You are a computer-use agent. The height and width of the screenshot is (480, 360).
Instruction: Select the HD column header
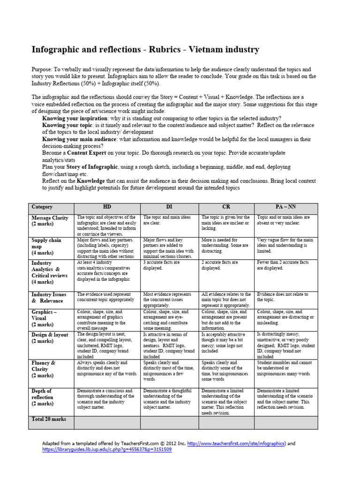[107, 207]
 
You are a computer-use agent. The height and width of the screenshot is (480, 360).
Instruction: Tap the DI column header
[170, 207]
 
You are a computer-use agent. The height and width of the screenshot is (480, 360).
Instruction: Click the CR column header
[227, 207]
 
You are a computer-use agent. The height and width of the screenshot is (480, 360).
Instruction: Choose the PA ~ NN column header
[286, 207]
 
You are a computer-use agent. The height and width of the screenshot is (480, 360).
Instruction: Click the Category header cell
[42, 207]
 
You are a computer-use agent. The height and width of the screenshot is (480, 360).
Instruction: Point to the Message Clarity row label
[50, 221]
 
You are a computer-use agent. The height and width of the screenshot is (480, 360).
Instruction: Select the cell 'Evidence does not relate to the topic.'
[282, 297]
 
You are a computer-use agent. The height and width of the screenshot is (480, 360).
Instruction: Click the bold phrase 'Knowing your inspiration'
[73, 119]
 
